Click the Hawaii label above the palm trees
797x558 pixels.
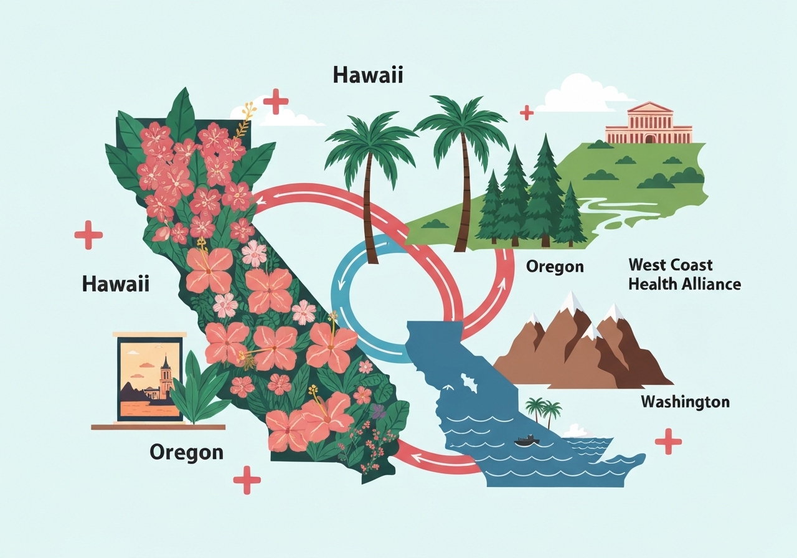click(368, 75)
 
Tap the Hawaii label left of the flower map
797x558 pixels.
click(116, 285)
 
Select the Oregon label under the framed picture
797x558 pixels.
click(186, 452)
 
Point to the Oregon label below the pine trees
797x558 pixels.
click(555, 267)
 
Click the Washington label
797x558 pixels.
click(685, 402)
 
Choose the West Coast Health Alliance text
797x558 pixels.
click(684, 274)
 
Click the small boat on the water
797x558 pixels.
click(527, 440)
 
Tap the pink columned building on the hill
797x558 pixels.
click(648, 124)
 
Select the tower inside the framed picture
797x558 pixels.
click(166, 376)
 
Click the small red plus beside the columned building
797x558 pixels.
click(527, 112)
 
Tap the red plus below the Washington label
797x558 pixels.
click(668, 441)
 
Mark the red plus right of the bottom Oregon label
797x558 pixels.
click(247, 480)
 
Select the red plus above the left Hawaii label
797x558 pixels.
click(88, 235)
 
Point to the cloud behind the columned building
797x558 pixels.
click(582, 95)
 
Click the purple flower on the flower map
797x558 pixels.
click(378, 411)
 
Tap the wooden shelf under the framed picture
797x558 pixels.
click(158, 427)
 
